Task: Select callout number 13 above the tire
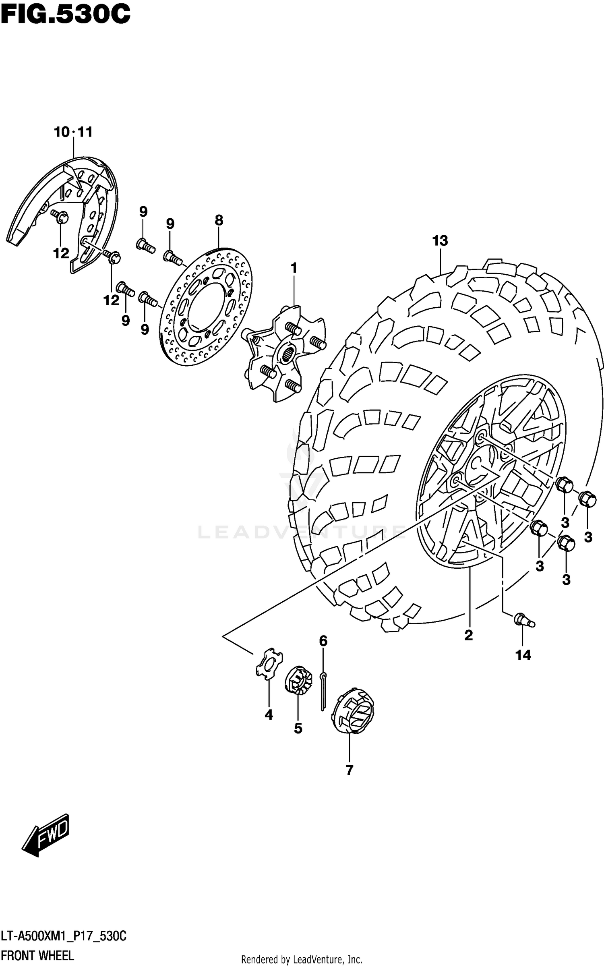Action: tap(440, 241)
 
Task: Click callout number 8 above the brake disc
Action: tap(219, 220)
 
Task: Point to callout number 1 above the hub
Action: tap(294, 268)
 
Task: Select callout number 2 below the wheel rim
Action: tap(468, 636)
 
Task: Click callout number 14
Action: tap(523, 655)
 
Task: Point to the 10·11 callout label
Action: tap(73, 132)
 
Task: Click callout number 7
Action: tap(349, 770)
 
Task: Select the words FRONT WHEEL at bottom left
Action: tap(38, 956)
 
